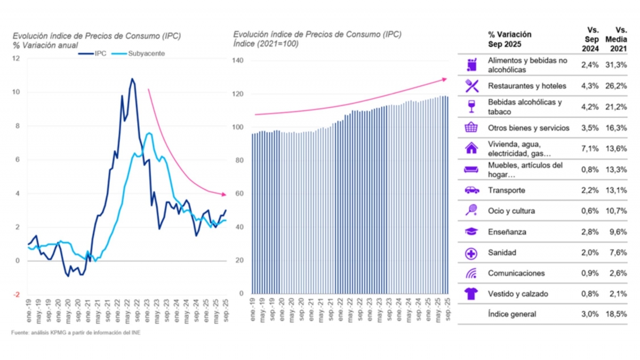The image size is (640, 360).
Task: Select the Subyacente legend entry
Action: tap(138, 54)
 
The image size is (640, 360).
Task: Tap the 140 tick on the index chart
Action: tap(238, 61)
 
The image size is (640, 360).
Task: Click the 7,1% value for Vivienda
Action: tap(590, 148)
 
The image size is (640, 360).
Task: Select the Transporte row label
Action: tap(506, 190)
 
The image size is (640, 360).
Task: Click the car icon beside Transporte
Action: tap(471, 190)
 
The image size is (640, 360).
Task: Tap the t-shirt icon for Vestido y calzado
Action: tap(471, 294)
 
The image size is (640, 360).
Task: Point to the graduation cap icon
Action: tap(471, 231)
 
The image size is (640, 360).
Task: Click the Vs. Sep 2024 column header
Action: tap(591, 40)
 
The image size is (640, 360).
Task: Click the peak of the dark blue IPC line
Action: tap(132, 79)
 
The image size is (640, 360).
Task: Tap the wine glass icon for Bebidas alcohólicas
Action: tap(471, 107)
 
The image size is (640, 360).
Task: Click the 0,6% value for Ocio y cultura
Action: tap(590, 211)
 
